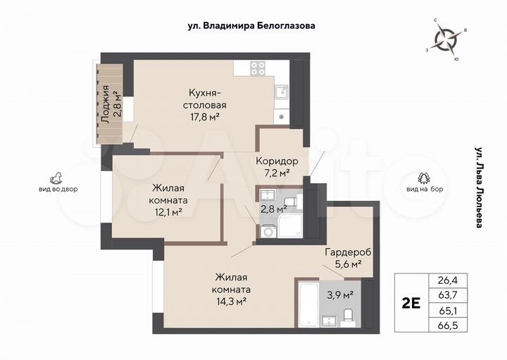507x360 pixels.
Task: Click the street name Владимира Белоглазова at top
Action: (x=251, y=25)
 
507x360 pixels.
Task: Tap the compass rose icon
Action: (x=445, y=38)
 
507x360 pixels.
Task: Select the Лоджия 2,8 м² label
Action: (x=110, y=104)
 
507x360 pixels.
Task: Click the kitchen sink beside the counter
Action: (x=281, y=92)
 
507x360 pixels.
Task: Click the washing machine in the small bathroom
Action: (x=268, y=229)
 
